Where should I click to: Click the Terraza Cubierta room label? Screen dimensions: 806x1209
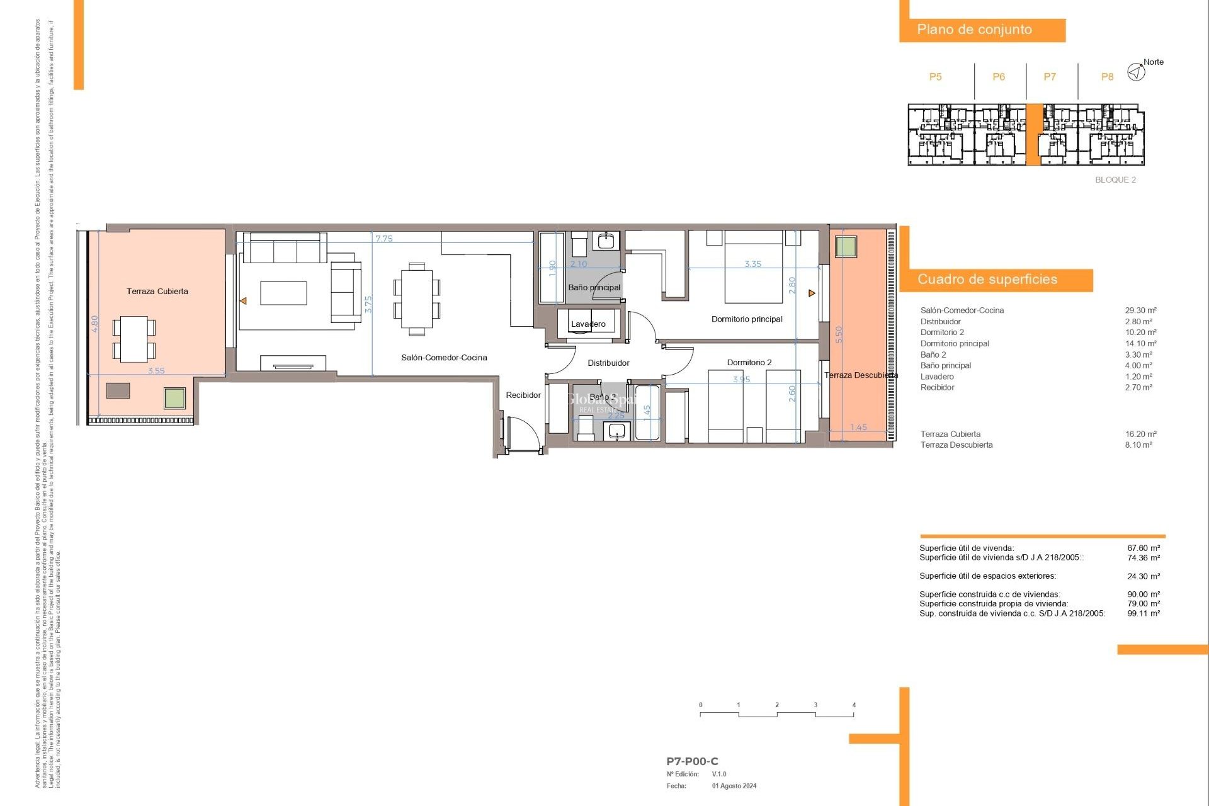click(x=157, y=291)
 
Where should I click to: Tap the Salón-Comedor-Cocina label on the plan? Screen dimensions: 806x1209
click(x=444, y=357)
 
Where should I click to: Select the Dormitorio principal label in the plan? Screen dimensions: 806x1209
click(x=747, y=319)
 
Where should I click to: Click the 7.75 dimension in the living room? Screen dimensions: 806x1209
click(x=383, y=239)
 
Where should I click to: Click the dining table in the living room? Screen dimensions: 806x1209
click(x=416, y=298)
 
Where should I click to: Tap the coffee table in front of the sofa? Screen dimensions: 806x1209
click(x=283, y=293)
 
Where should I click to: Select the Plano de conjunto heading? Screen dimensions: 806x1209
click(x=974, y=30)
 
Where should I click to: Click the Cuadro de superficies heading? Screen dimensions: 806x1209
click(x=987, y=280)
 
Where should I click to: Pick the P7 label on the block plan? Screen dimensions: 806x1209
click(x=1049, y=77)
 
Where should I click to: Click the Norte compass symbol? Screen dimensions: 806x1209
click(x=1136, y=72)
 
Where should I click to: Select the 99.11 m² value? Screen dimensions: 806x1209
click(x=1144, y=613)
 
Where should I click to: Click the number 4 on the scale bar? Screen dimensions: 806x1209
click(x=854, y=705)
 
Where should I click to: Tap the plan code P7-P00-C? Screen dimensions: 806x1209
click(x=692, y=761)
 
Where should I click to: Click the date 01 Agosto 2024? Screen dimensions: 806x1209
click(x=734, y=786)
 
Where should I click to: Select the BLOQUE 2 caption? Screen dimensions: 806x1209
click(x=1115, y=179)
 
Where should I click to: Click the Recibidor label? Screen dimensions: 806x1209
click(x=523, y=395)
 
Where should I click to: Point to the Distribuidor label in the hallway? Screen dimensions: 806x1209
click(x=608, y=363)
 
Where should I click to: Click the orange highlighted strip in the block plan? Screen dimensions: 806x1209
click(x=1033, y=135)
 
